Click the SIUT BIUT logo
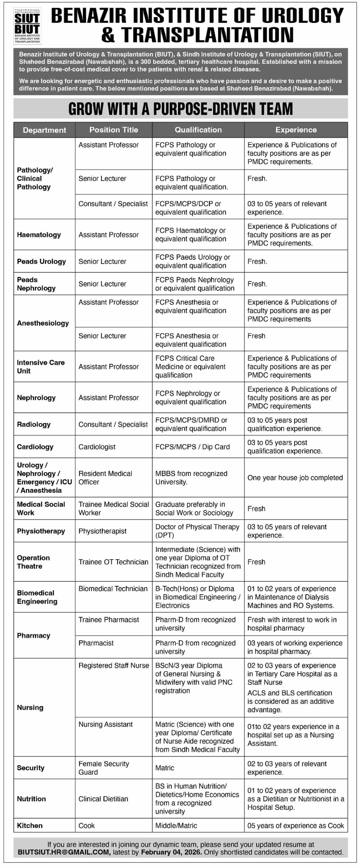[x=27, y=26]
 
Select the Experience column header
[x=296, y=130]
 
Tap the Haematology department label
[x=39, y=235]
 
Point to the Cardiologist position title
[x=97, y=447]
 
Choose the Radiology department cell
[x=34, y=424]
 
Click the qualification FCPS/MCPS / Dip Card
[x=192, y=447]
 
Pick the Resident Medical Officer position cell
[x=105, y=478]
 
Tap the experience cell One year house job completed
[x=295, y=478]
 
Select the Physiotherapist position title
[x=102, y=531]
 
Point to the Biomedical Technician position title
[x=113, y=589]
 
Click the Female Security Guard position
[x=103, y=768]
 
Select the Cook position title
[x=87, y=825]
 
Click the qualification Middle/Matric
[x=176, y=825]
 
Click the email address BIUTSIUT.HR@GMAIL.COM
[x=64, y=852]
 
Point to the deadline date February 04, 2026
[x=171, y=852]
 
